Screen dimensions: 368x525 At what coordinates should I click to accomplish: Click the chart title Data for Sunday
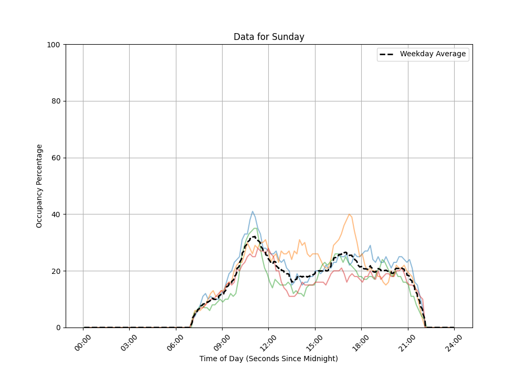(269, 37)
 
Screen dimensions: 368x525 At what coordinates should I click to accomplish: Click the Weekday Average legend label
(433, 54)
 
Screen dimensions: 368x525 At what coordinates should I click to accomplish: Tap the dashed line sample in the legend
(388, 54)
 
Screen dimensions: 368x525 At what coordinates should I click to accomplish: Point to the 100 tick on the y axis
(53, 45)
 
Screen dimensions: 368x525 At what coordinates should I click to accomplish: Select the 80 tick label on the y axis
(55, 101)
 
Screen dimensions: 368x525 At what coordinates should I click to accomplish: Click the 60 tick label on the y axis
(55, 158)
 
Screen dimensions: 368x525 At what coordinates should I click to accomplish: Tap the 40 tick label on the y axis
(55, 214)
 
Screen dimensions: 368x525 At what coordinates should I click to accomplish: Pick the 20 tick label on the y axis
(55, 271)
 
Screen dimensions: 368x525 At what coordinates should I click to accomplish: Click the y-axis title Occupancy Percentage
(39, 186)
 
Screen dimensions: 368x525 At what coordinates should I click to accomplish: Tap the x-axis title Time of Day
(269, 359)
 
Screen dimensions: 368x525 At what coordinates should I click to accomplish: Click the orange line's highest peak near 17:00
(349, 214)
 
